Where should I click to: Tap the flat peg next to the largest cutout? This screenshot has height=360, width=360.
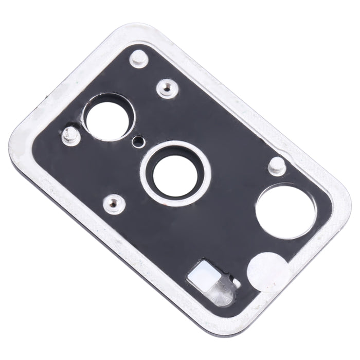[x=276, y=165]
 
